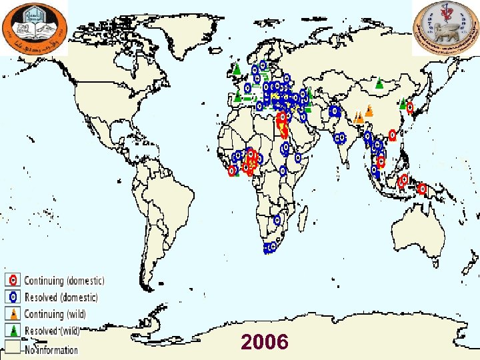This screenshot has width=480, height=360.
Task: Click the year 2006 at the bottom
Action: [265, 342]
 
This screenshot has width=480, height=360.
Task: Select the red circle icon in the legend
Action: [13, 281]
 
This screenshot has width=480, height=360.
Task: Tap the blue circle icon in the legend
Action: [13, 297]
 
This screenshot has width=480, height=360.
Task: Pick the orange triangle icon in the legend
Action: [13, 314]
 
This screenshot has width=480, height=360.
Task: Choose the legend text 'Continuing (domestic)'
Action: [64, 281]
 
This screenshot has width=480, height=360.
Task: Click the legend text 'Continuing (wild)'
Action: [55, 314]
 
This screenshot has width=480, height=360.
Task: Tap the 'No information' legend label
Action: [51, 349]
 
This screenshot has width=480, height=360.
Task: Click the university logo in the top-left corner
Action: [34, 27]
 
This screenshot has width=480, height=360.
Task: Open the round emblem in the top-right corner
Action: [445, 27]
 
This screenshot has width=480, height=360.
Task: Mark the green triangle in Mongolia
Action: [379, 84]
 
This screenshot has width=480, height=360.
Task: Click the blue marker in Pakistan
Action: [334, 111]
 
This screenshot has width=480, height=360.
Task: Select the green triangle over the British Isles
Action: [236, 68]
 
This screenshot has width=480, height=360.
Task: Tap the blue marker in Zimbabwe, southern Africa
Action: [277, 219]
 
